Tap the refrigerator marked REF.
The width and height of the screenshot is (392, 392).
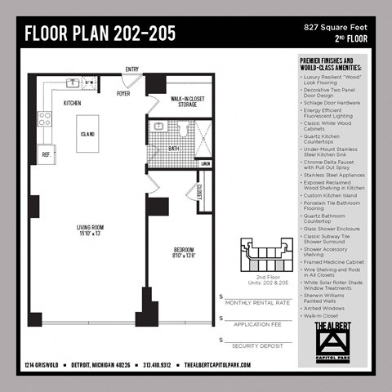(46, 154)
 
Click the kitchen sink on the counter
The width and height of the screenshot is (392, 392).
(73, 82)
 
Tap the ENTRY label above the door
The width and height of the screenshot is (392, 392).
(132, 69)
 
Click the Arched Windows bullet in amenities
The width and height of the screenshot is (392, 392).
(326, 307)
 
